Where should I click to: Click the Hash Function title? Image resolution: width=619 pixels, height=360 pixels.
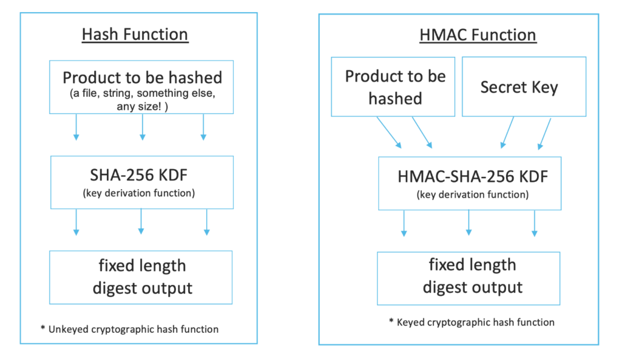(x=135, y=34)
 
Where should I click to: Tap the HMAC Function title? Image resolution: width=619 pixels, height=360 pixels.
(x=478, y=35)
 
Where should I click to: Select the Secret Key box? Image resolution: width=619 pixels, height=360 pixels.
(x=524, y=87)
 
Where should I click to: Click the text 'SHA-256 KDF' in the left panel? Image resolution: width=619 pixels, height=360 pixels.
(x=138, y=175)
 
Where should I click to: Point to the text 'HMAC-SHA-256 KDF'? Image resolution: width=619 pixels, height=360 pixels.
(x=473, y=176)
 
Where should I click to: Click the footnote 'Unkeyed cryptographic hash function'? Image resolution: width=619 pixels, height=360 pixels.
(x=134, y=329)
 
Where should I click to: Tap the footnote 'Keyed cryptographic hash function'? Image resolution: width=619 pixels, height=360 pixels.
(x=475, y=322)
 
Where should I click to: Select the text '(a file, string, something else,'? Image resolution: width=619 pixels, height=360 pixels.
(x=143, y=94)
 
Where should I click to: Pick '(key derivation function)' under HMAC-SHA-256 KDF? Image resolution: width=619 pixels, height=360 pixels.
(x=473, y=194)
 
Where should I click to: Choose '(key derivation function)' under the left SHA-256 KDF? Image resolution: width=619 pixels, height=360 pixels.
(x=138, y=193)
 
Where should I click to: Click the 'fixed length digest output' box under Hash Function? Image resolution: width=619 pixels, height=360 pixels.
(x=141, y=277)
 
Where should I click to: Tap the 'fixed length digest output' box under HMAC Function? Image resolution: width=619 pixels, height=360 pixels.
(x=468, y=278)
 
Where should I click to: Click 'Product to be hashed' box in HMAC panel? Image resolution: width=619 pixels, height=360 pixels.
(x=393, y=87)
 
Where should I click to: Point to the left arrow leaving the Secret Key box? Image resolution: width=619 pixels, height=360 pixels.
(x=507, y=132)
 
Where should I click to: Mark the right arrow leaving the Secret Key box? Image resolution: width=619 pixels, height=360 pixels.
(x=545, y=134)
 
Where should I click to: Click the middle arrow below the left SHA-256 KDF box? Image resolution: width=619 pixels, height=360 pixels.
(x=141, y=222)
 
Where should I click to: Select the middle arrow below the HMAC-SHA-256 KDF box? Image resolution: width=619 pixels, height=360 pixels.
(x=468, y=223)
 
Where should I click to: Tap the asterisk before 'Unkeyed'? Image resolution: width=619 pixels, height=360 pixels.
(x=43, y=327)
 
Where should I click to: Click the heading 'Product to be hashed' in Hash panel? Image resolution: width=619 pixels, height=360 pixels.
(x=143, y=77)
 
